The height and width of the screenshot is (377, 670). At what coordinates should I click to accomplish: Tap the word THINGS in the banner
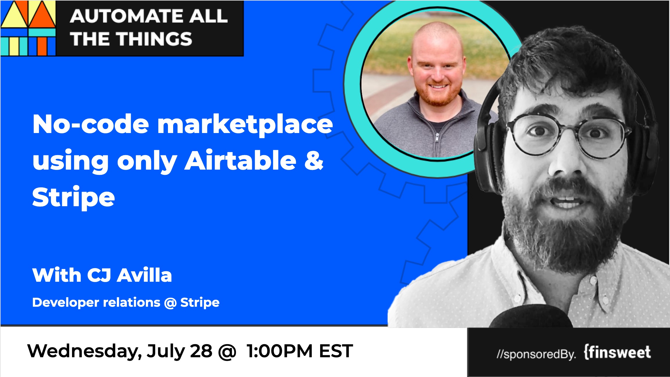(x=155, y=39)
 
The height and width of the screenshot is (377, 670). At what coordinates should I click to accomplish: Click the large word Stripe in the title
(x=74, y=198)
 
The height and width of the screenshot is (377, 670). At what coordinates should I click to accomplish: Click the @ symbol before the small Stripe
(x=170, y=303)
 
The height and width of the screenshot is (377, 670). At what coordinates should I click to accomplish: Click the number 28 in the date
(x=201, y=351)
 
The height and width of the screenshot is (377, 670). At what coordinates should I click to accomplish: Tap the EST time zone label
(x=336, y=351)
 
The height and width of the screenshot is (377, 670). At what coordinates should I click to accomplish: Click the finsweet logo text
(x=617, y=352)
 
